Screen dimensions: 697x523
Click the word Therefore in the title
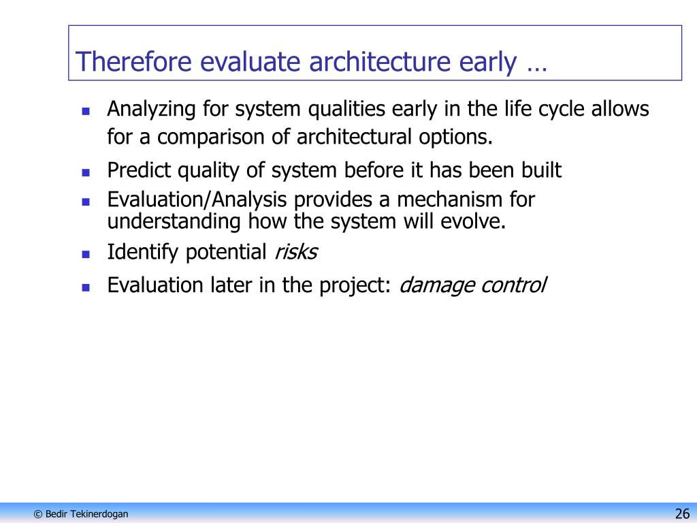134,61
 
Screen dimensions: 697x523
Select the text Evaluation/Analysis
197,200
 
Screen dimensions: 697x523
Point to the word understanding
174,222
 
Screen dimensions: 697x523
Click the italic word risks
296,252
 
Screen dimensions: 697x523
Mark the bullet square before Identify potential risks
86,255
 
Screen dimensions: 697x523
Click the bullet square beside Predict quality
86,172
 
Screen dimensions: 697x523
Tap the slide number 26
682,513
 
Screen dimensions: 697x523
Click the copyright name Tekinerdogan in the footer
99,514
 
